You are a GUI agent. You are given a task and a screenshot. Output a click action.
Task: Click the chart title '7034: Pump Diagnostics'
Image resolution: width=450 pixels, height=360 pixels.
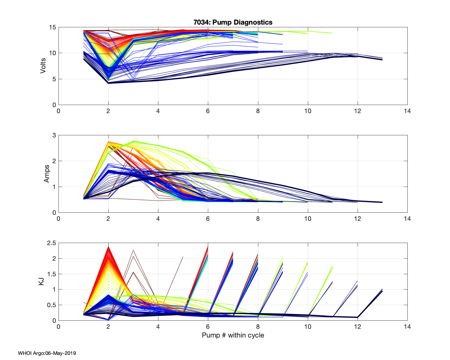coord(233,22)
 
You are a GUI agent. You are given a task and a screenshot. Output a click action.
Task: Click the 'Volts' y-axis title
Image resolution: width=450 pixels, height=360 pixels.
coord(43,66)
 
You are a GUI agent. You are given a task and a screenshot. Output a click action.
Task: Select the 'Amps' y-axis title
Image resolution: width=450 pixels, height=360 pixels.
coord(46,174)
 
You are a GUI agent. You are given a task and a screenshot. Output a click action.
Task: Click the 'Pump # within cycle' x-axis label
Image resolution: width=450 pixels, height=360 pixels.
coord(233,335)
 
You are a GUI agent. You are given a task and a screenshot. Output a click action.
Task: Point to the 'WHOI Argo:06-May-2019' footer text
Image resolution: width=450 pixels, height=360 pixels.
coord(47,353)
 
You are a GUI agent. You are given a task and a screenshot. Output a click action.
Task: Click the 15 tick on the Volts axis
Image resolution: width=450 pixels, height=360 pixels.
coord(52,27)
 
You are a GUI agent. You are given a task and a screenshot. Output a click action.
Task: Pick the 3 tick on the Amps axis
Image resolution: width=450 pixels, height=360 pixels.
coord(54,135)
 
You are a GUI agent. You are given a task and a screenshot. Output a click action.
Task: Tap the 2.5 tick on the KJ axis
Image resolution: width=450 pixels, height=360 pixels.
coord(51,243)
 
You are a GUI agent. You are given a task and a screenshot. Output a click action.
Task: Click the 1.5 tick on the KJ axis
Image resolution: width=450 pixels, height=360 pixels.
coord(51,274)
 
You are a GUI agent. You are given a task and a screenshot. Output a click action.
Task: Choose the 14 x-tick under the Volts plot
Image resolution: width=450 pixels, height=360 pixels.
coord(407,111)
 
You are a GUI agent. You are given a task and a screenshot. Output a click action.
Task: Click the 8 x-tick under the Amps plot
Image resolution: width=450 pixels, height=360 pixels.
coord(258,219)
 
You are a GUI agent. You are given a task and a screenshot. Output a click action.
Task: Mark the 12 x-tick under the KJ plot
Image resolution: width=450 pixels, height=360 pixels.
coord(357,327)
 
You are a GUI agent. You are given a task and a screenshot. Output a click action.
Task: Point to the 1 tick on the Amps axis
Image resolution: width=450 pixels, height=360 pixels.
coord(54,187)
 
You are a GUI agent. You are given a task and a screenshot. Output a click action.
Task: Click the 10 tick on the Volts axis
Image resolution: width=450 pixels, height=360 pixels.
coord(52,53)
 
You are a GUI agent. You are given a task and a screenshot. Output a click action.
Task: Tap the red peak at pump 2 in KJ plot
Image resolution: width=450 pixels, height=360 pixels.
coord(108,247)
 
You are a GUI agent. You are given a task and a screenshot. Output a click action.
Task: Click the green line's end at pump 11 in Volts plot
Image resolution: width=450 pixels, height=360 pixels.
coord(332,33)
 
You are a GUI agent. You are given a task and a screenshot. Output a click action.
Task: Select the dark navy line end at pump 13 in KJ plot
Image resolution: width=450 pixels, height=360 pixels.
coord(382,290)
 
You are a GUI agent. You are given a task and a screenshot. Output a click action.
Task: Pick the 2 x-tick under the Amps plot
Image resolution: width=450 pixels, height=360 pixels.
coord(108,219)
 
